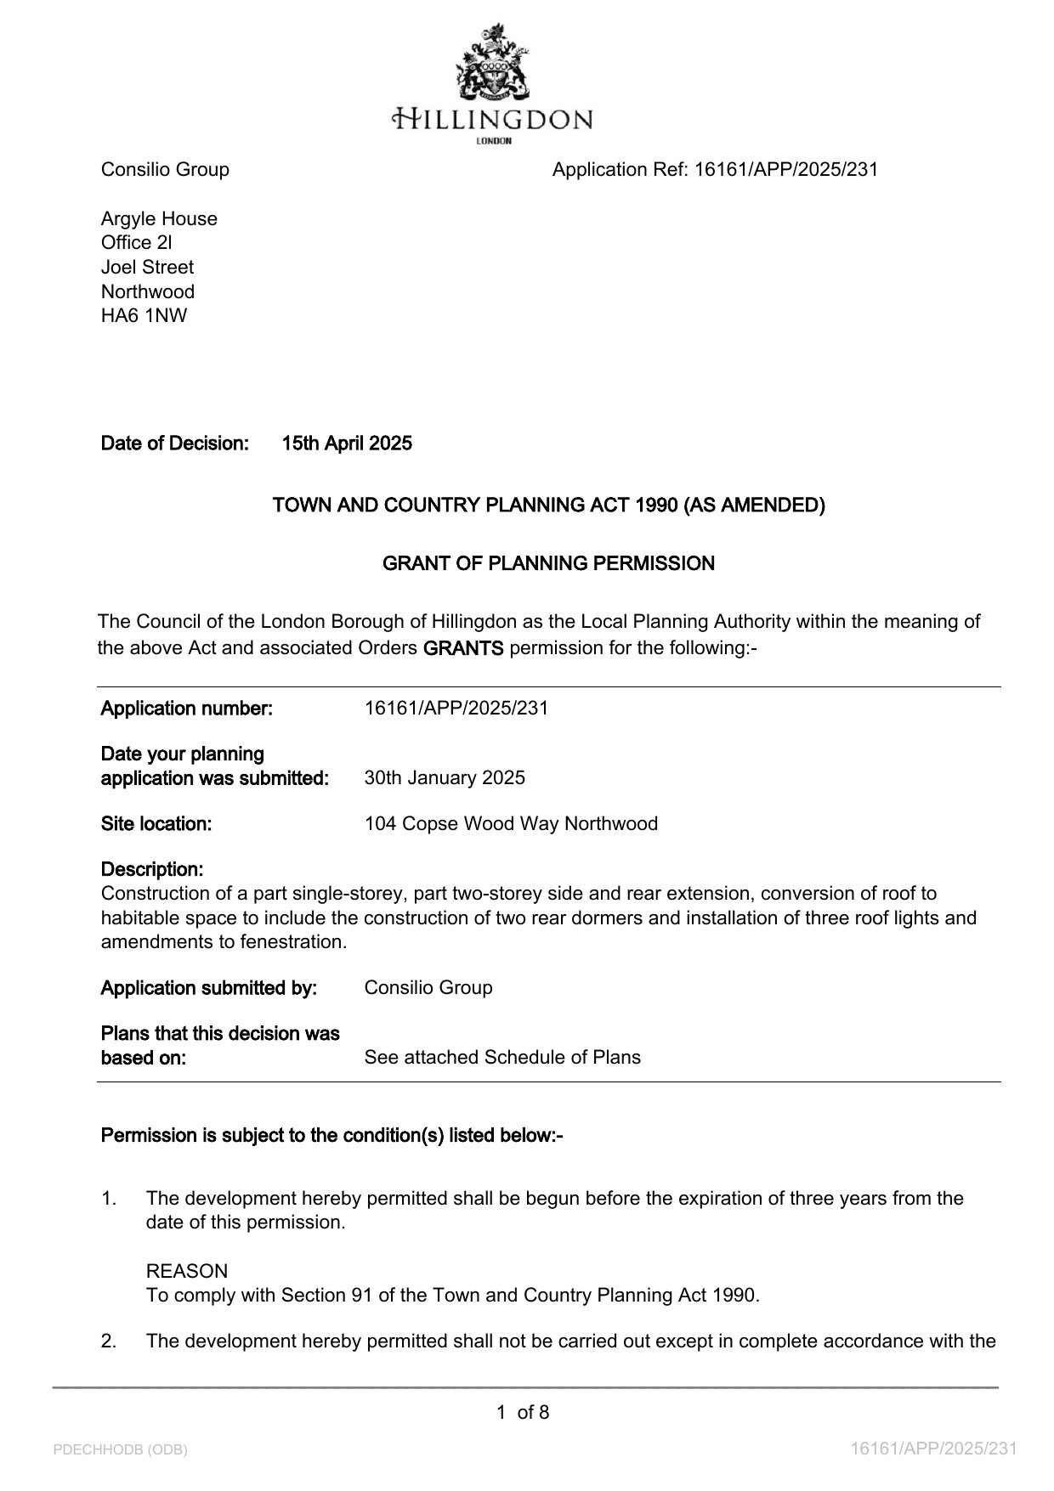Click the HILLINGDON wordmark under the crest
(493, 118)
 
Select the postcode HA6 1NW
(144, 316)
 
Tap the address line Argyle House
(159, 219)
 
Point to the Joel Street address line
(147, 268)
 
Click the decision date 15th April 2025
(347, 443)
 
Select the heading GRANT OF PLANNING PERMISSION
(548, 563)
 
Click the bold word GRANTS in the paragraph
(463, 648)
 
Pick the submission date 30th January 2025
(445, 778)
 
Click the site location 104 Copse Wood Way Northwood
(511, 824)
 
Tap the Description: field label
(152, 870)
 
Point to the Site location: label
(156, 824)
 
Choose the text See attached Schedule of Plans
(502, 1058)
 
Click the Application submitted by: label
(209, 988)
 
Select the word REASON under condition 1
(187, 1272)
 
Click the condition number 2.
(108, 1341)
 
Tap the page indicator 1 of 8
(523, 1413)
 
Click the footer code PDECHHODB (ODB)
(120, 1449)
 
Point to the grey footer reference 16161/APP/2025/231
(934, 1449)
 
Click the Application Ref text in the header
(715, 170)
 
